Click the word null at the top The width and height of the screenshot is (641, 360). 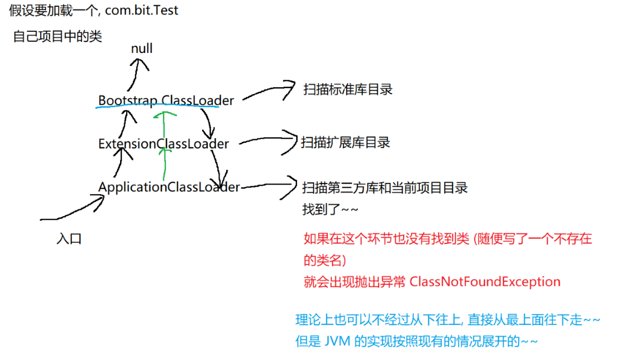[x=142, y=49]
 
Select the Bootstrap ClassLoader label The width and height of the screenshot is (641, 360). [x=166, y=100]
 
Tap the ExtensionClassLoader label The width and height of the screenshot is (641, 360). [x=164, y=143]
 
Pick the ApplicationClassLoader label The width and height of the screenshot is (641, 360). [x=169, y=187]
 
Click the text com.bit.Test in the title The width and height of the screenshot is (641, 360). [x=141, y=10]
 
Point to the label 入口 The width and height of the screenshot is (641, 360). [x=69, y=239]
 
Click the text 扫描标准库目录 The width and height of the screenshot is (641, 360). [x=348, y=89]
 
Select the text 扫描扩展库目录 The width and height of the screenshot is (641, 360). [x=346, y=142]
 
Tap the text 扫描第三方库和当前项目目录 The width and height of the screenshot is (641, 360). [x=385, y=188]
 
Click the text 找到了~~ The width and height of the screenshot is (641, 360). [x=330, y=210]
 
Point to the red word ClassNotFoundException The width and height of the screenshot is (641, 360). [x=485, y=281]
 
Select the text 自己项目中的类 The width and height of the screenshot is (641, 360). [x=58, y=37]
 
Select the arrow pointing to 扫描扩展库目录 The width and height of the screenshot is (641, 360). [x=267, y=140]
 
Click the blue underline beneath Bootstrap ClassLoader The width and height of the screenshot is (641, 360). [x=156, y=108]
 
